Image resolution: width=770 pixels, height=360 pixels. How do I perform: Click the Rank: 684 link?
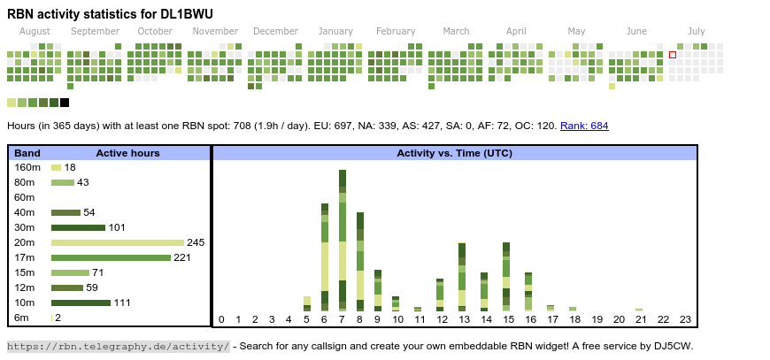click(x=584, y=126)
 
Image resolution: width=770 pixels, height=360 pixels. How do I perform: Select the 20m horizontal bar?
click(x=118, y=242)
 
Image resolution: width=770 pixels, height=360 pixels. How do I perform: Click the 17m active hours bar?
click(x=111, y=257)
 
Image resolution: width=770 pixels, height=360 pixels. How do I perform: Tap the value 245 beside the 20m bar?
click(x=196, y=242)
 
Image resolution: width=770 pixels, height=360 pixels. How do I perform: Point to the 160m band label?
click(x=27, y=167)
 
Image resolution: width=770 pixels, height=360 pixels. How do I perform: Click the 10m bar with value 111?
click(x=81, y=303)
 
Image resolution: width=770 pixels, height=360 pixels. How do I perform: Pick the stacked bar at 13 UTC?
click(x=462, y=277)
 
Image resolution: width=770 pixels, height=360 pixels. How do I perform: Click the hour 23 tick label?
click(x=685, y=319)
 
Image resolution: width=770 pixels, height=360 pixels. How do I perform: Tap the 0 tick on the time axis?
click(x=221, y=319)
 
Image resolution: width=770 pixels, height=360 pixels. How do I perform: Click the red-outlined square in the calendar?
click(x=673, y=55)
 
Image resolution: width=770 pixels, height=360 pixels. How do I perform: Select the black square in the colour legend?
click(x=65, y=103)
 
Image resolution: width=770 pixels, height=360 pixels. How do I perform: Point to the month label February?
click(x=396, y=31)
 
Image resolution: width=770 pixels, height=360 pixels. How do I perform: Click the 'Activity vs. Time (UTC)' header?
click(x=454, y=153)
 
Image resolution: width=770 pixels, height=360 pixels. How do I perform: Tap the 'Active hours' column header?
click(x=127, y=153)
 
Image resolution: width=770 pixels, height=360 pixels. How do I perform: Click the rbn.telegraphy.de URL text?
click(x=119, y=346)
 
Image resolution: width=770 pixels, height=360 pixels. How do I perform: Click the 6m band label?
click(x=21, y=318)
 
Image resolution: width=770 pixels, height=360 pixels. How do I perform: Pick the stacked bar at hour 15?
click(x=506, y=277)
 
